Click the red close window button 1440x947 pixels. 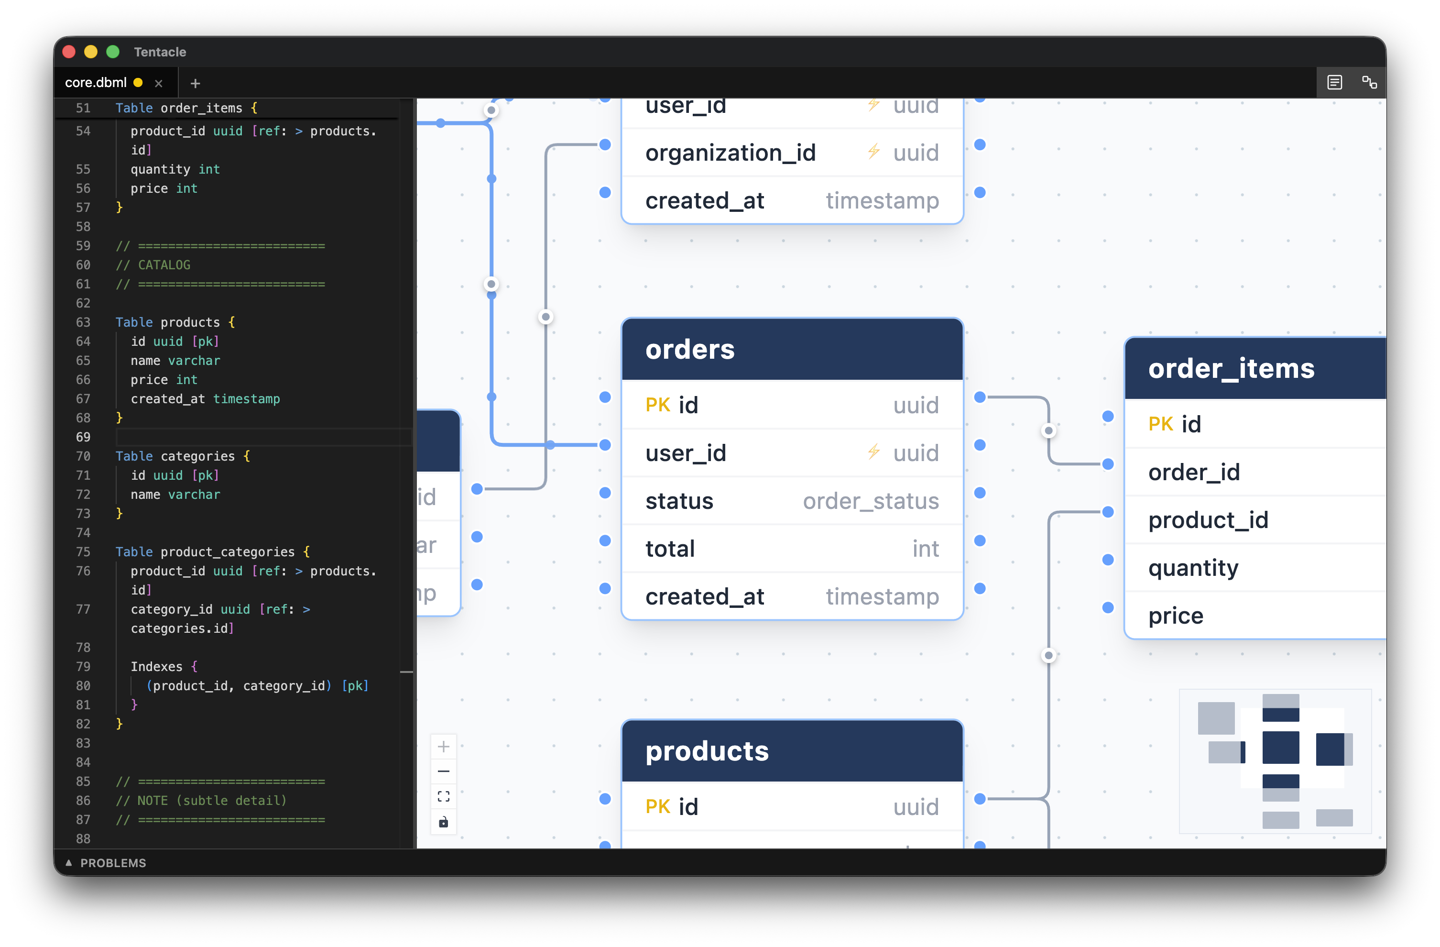(69, 52)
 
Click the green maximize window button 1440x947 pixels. (112, 52)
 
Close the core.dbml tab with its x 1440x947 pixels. (159, 84)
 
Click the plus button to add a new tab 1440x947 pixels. (195, 84)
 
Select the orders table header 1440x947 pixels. (791, 350)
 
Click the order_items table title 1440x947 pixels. (1231, 368)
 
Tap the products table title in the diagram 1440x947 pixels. (707, 751)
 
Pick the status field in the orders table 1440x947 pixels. (679, 501)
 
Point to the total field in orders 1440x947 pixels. (670, 549)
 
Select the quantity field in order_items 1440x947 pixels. (1193, 568)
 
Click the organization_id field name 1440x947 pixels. (731, 153)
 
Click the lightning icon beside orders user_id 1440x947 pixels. (873, 452)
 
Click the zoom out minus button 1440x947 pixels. (444, 771)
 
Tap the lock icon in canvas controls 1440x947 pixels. (444, 822)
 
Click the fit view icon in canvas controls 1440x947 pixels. (444, 796)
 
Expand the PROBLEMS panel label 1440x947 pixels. (112, 863)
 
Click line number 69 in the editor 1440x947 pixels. (83, 437)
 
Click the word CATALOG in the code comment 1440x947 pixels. (164, 265)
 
